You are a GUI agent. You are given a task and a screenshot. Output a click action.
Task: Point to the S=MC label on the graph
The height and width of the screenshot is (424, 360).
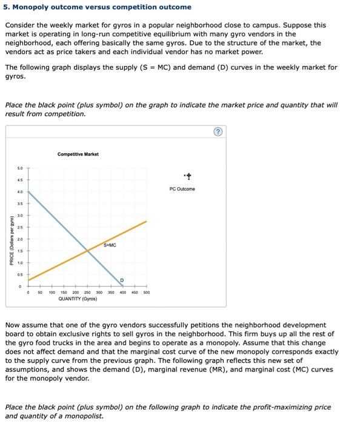(110, 245)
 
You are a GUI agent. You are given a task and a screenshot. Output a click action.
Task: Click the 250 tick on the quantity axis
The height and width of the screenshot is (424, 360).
(88, 292)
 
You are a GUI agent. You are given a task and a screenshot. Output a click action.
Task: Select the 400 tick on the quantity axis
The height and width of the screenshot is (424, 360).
(123, 292)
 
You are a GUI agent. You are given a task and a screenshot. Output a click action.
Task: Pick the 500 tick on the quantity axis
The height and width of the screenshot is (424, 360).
(146, 292)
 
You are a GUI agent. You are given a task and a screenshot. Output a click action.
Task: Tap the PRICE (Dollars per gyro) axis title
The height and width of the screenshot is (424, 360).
(8, 240)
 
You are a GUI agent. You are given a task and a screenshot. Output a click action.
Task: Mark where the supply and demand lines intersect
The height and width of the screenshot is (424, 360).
(88, 250)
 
